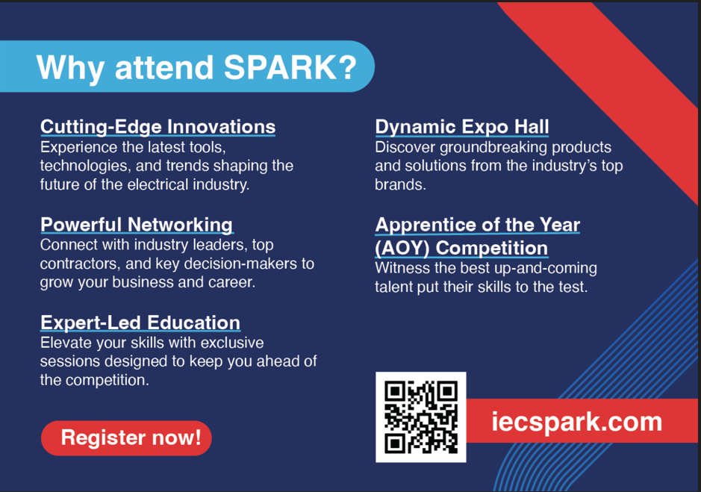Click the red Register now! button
click(x=126, y=438)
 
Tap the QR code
click(x=421, y=417)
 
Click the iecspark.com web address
click(x=577, y=421)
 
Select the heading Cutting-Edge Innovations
click(x=158, y=127)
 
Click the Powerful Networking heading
click(x=137, y=225)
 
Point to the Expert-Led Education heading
click(x=140, y=323)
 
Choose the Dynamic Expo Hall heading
click(x=462, y=127)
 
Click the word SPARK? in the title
click(x=290, y=67)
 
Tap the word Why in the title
click(x=71, y=69)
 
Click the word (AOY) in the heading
click(x=402, y=248)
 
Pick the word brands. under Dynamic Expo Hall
click(x=401, y=184)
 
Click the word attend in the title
click(x=164, y=67)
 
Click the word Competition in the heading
click(x=492, y=248)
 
